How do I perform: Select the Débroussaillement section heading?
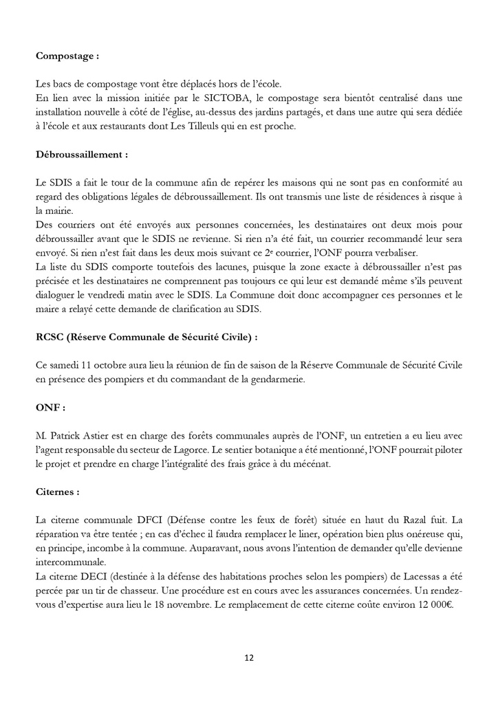pos(82,155)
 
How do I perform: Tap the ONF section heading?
pos(50,407)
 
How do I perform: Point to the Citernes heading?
pos(57,492)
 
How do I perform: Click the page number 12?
pos(249,657)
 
